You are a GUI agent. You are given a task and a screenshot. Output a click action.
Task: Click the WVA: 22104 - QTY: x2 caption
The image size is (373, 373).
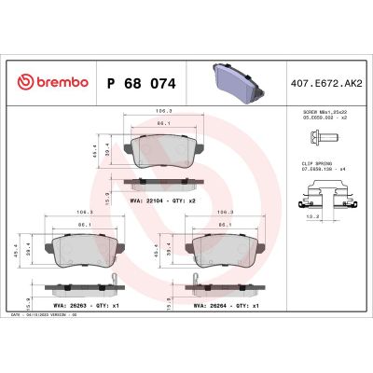(159, 199)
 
